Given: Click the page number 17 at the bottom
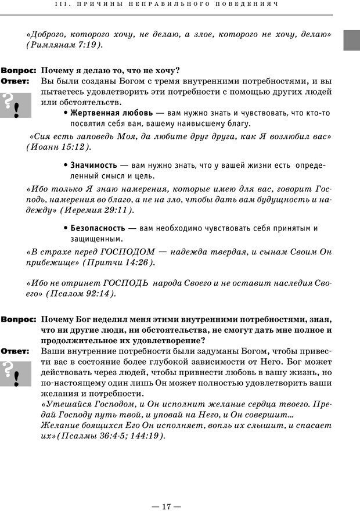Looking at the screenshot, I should (167, 491).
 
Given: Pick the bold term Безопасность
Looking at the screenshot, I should (98, 228).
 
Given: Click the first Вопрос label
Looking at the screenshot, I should (19, 70).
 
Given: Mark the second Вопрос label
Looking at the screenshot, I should (19, 319).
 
